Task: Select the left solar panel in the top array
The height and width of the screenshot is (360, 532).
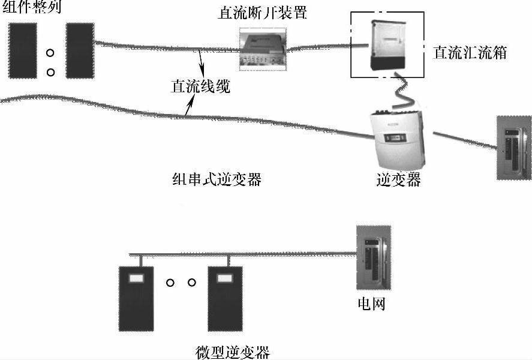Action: (22, 50)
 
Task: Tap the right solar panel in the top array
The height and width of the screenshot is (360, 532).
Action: (80, 50)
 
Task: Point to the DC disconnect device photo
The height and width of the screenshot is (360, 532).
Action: (262, 49)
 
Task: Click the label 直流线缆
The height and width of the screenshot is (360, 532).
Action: (200, 86)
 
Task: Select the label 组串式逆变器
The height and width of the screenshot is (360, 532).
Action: (217, 179)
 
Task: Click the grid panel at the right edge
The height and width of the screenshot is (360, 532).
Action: (514, 148)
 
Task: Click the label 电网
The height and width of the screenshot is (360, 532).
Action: (368, 304)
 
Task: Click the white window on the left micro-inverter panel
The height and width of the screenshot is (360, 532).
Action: (137, 278)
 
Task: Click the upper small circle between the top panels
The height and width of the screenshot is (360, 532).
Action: (51, 53)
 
